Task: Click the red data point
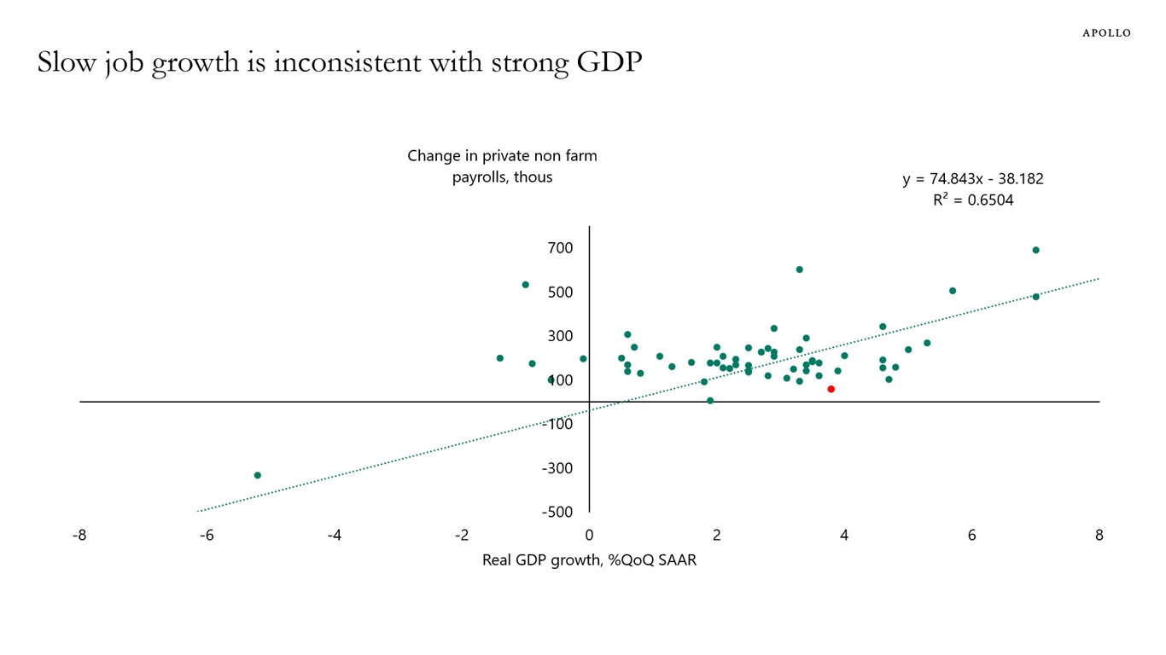[x=831, y=389]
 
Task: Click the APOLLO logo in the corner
[x=1106, y=33]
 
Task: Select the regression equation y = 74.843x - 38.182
[x=972, y=179]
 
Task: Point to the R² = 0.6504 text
[x=972, y=201]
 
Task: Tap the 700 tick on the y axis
[x=561, y=248]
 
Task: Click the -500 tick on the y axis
[x=557, y=512]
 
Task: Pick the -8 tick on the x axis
[x=79, y=536]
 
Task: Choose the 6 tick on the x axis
[x=971, y=536]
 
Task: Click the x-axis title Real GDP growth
[x=589, y=560]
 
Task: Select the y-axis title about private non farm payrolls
[x=502, y=166]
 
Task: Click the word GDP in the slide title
[x=608, y=62]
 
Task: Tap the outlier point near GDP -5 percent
[x=257, y=475]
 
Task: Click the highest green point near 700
[x=1035, y=250]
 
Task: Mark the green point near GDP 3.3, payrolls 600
[x=799, y=270]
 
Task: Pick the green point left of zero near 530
[x=526, y=285]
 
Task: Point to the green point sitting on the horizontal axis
[x=710, y=400]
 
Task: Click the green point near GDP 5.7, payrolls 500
[x=953, y=291]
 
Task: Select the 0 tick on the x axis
[x=589, y=536]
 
